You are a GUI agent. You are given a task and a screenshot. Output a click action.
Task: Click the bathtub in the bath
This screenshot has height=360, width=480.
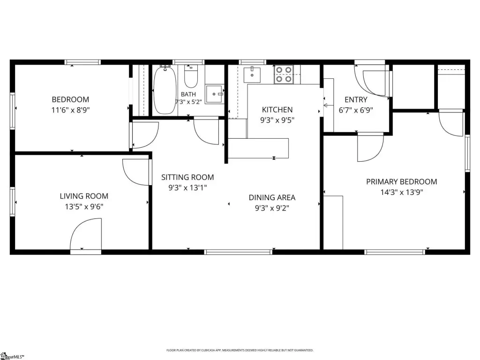165,90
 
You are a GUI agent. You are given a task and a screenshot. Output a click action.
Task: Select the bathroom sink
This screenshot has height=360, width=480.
215,94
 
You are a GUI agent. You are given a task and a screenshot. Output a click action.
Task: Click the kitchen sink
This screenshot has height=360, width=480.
252,75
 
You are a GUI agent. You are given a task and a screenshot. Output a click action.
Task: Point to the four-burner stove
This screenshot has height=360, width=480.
284,75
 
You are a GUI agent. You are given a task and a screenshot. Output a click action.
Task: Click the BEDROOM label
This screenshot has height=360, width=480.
70,99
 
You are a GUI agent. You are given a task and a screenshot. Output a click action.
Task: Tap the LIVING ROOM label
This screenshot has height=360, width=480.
84,196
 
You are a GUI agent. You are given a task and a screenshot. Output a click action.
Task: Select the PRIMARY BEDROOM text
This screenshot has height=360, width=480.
402,181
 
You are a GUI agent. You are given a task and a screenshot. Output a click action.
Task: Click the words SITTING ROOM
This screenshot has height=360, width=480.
187,177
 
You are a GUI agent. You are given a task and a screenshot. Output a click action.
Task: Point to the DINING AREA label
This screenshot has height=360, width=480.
272,198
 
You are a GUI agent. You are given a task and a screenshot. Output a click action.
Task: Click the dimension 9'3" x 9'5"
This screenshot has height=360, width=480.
277,120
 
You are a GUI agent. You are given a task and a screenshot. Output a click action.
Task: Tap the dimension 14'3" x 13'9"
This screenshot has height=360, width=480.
402,192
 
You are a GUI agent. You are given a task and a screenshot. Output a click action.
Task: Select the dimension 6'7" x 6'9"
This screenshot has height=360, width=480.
356,110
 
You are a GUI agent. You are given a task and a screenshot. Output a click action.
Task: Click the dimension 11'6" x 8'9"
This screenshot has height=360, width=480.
70,110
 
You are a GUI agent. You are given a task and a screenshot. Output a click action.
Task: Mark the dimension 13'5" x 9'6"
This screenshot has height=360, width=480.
84,207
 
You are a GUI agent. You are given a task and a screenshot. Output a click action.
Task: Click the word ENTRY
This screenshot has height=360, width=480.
356,100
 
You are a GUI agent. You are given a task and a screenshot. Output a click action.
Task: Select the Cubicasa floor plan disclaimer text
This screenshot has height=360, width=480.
240,350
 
